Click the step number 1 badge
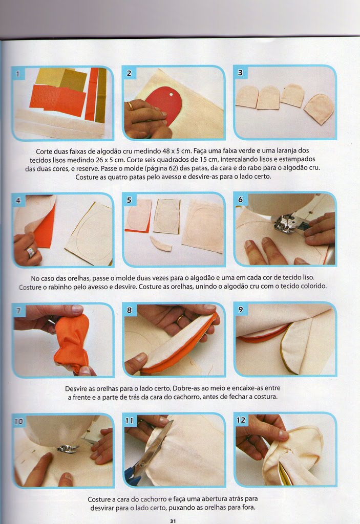click(18, 73)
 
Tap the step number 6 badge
click(241, 199)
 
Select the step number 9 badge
click(241, 310)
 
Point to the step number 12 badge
click(241, 420)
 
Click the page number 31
click(173, 520)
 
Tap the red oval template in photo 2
click(164, 104)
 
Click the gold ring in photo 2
click(130, 106)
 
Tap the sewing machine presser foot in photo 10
click(67, 448)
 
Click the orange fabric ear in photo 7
click(71, 344)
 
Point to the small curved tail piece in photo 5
click(161, 244)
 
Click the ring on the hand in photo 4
click(30, 252)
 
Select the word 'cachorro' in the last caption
click(154, 499)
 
